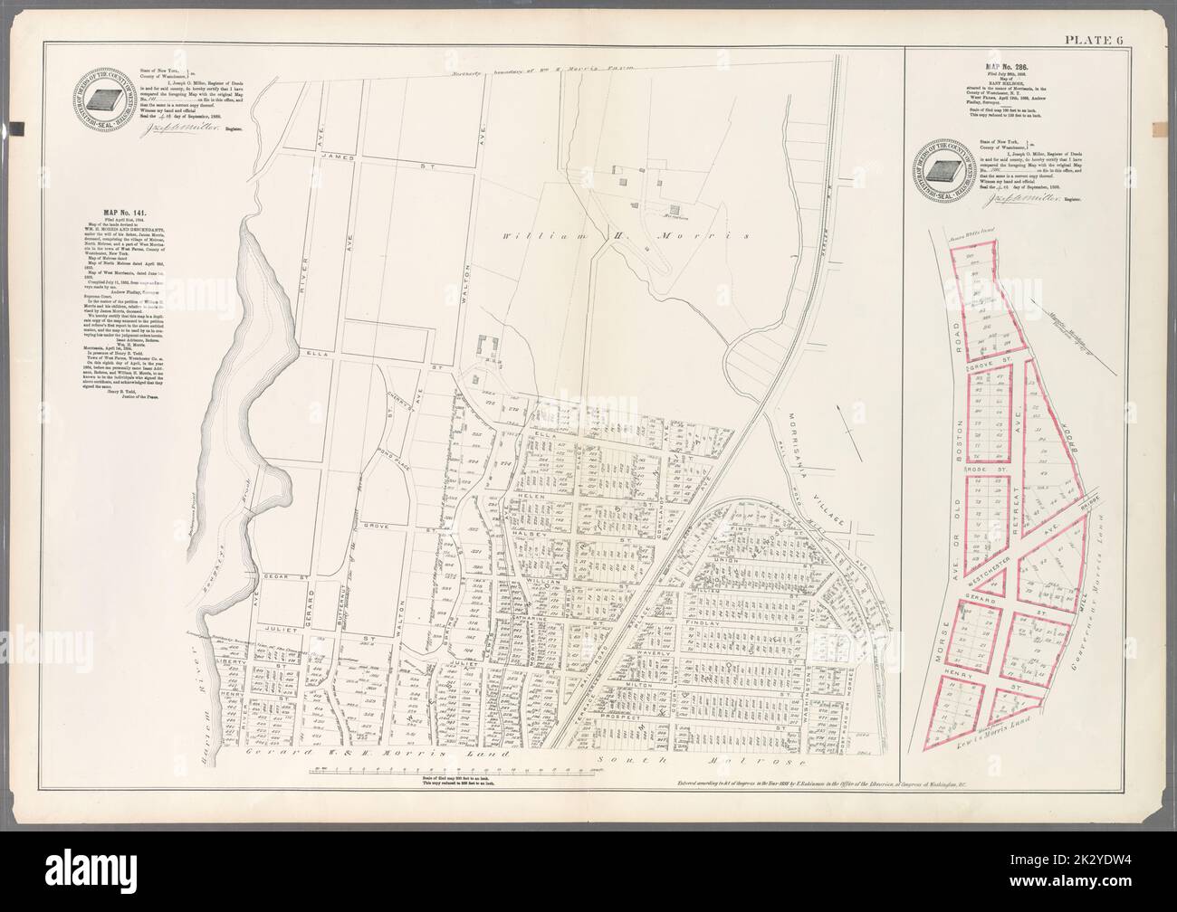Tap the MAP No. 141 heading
[100, 213]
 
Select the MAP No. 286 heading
[998, 66]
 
